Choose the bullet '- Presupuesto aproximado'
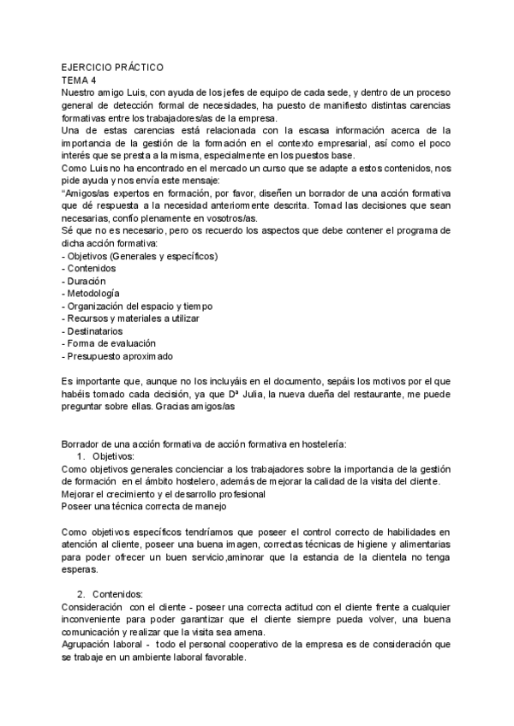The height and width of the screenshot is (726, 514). pyautogui.click(x=117, y=356)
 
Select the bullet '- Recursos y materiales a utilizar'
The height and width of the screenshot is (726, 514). pyautogui.click(x=131, y=318)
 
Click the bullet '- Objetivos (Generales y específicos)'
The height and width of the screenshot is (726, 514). pyautogui.click(x=140, y=256)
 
